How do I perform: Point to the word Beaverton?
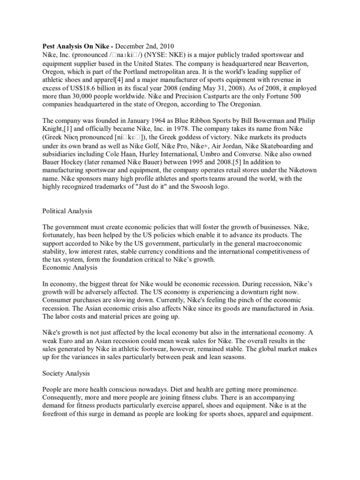coord(292,63)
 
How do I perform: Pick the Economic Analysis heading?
coord(70,268)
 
